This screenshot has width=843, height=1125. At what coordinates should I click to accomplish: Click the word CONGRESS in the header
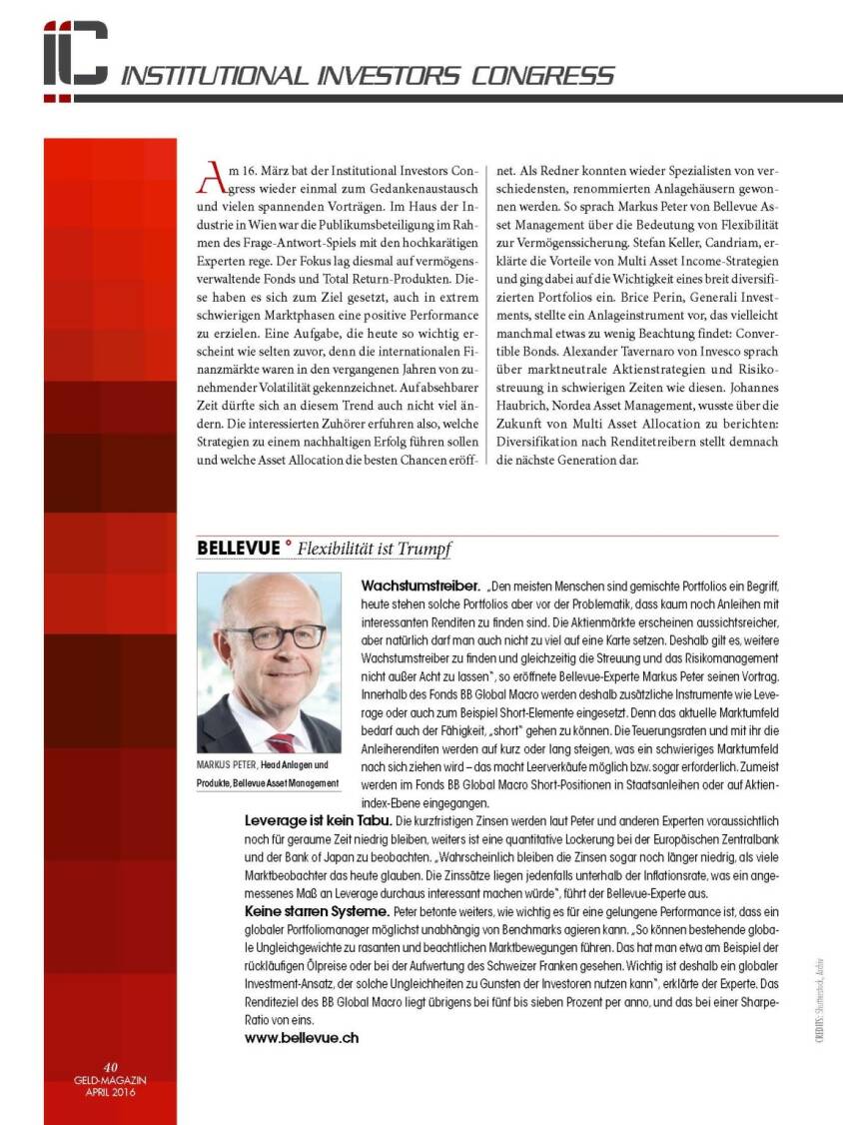coord(544,76)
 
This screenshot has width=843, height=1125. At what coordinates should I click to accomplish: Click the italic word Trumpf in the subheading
coord(424,549)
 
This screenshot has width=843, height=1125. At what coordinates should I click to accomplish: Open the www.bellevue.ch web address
coord(302,1037)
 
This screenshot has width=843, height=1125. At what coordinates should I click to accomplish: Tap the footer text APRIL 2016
coord(111,1090)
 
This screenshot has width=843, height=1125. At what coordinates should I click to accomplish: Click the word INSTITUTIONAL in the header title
coord(215,76)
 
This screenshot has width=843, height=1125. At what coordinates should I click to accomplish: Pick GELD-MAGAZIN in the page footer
coord(111,1079)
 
